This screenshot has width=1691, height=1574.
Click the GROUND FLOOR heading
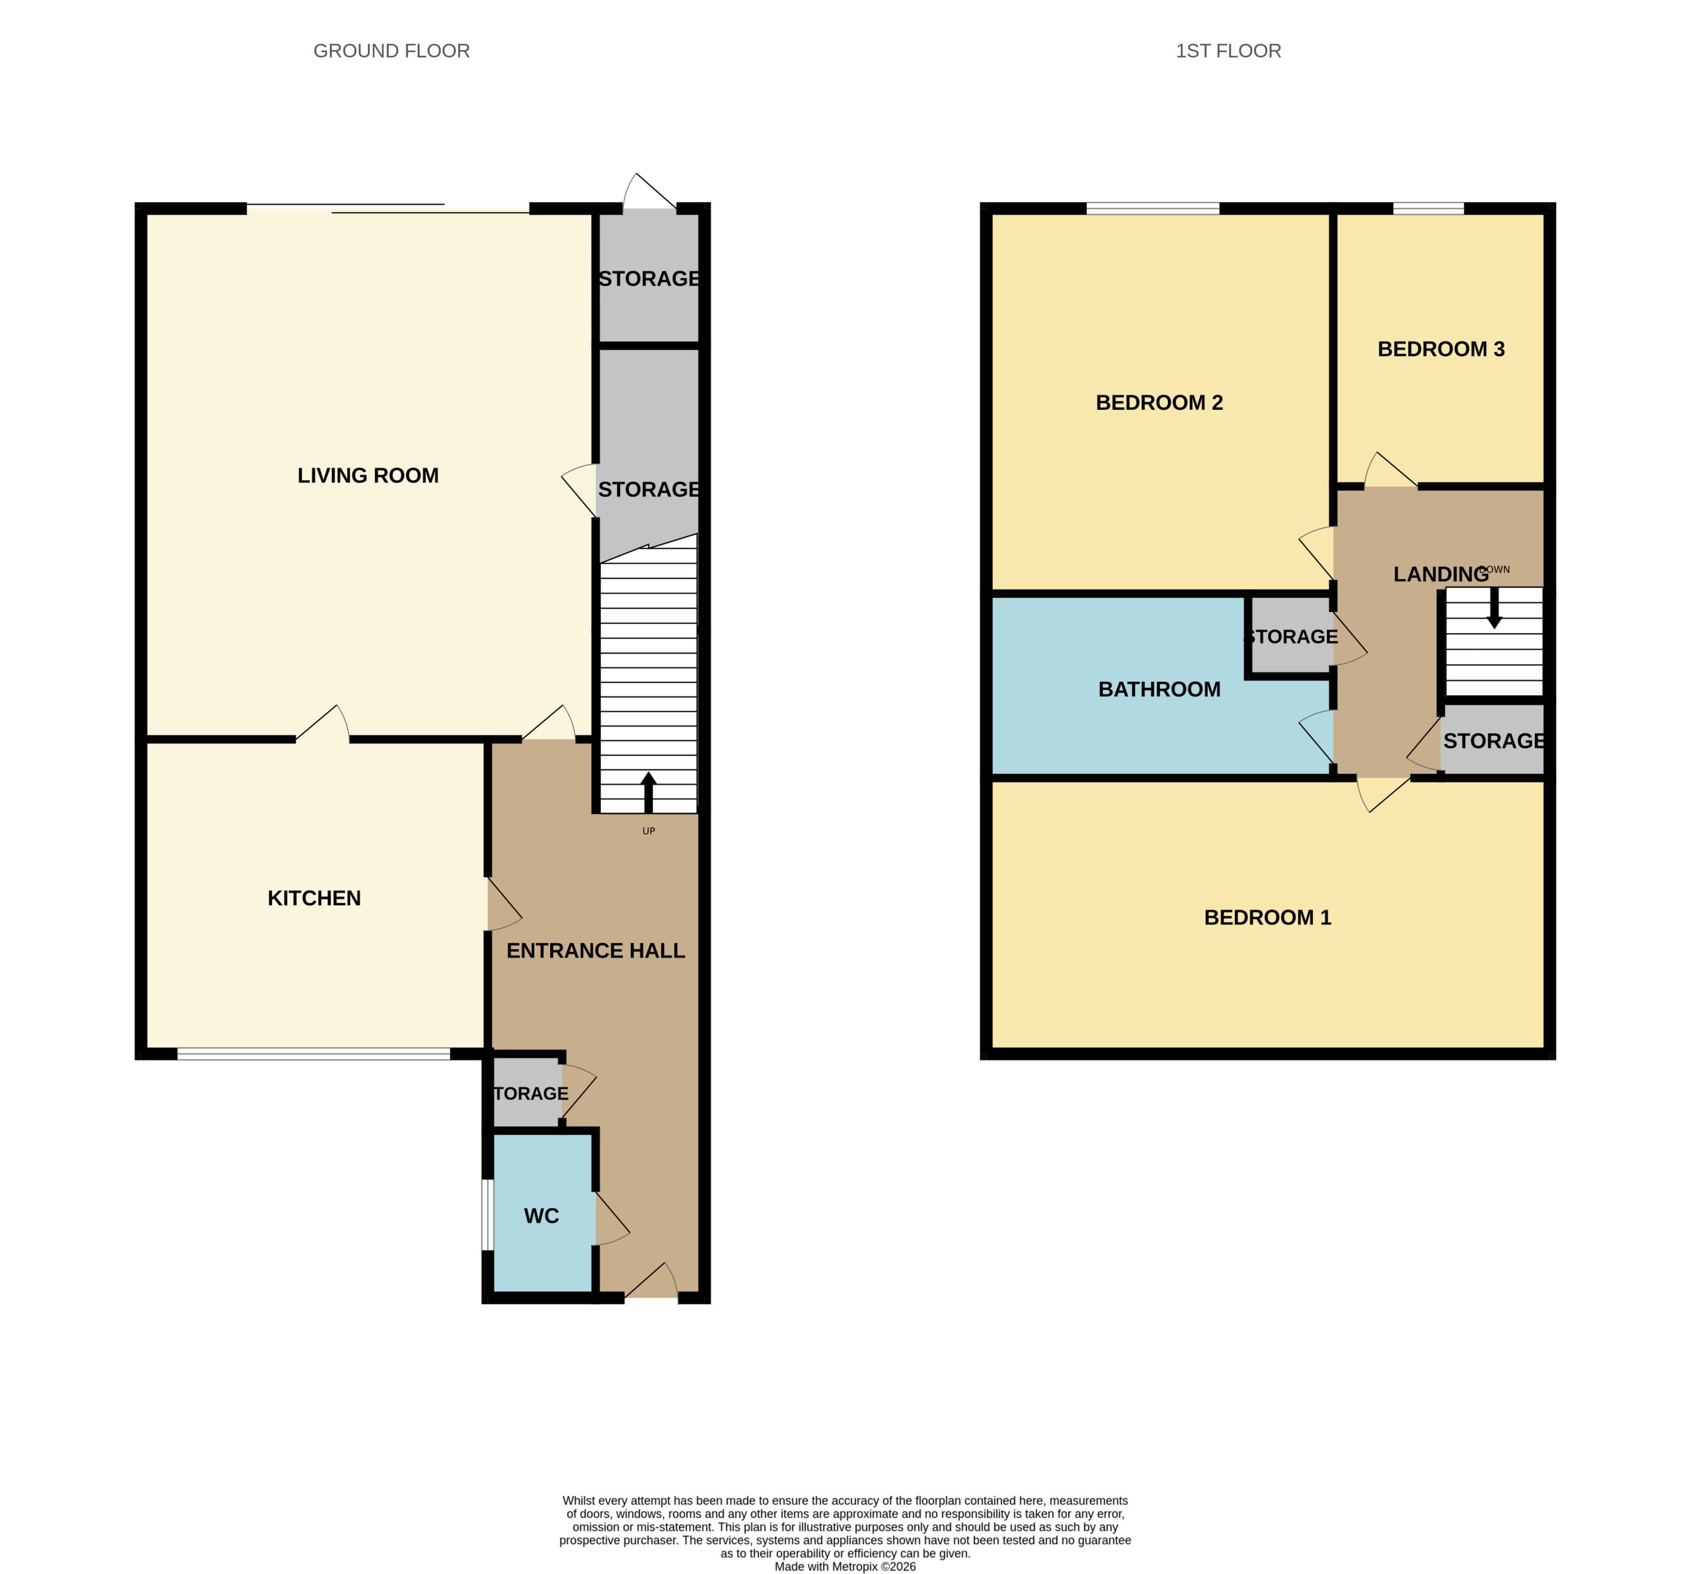[391, 51]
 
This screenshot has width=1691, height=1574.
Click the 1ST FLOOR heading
[1228, 51]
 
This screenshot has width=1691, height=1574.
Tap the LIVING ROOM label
[368, 476]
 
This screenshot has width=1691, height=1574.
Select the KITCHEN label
[314, 899]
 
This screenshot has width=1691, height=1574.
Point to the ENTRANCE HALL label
[595, 951]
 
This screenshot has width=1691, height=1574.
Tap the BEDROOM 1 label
[1268, 918]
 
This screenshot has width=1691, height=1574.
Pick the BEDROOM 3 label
[1441, 349]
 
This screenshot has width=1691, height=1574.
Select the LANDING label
[1441, 575]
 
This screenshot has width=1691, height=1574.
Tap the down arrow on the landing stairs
[1494, 608]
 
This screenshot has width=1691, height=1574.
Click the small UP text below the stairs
[648, 831]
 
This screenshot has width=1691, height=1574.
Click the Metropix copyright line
[845, 1566]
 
